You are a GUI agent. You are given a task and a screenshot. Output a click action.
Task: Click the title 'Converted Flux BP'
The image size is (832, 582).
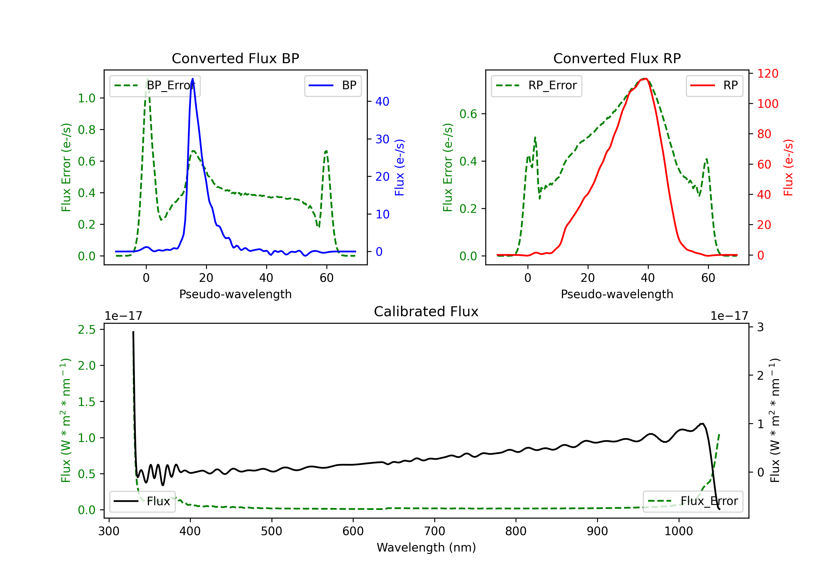(235, 58)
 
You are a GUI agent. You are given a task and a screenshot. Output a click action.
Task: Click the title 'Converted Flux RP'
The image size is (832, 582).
(617, 58)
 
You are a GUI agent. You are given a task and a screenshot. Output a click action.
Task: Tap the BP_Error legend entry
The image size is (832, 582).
(155, 85)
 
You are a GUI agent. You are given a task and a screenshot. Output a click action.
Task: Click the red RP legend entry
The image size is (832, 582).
(714, 85)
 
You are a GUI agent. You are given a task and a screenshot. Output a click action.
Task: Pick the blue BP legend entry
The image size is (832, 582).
(333, 85)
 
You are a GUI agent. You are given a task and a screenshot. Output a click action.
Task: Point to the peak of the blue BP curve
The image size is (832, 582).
(192, 79)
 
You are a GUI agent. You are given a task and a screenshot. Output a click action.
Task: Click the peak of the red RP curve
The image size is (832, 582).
(646, 79)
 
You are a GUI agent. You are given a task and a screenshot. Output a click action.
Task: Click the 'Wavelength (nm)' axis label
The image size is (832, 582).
(426, 547)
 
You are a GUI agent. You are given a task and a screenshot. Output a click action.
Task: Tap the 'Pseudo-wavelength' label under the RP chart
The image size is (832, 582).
(617, 294)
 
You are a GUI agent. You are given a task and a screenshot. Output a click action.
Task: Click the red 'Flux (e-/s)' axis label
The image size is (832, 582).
(788, 168)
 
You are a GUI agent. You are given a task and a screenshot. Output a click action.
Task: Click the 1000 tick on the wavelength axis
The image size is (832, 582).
(679, 531)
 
